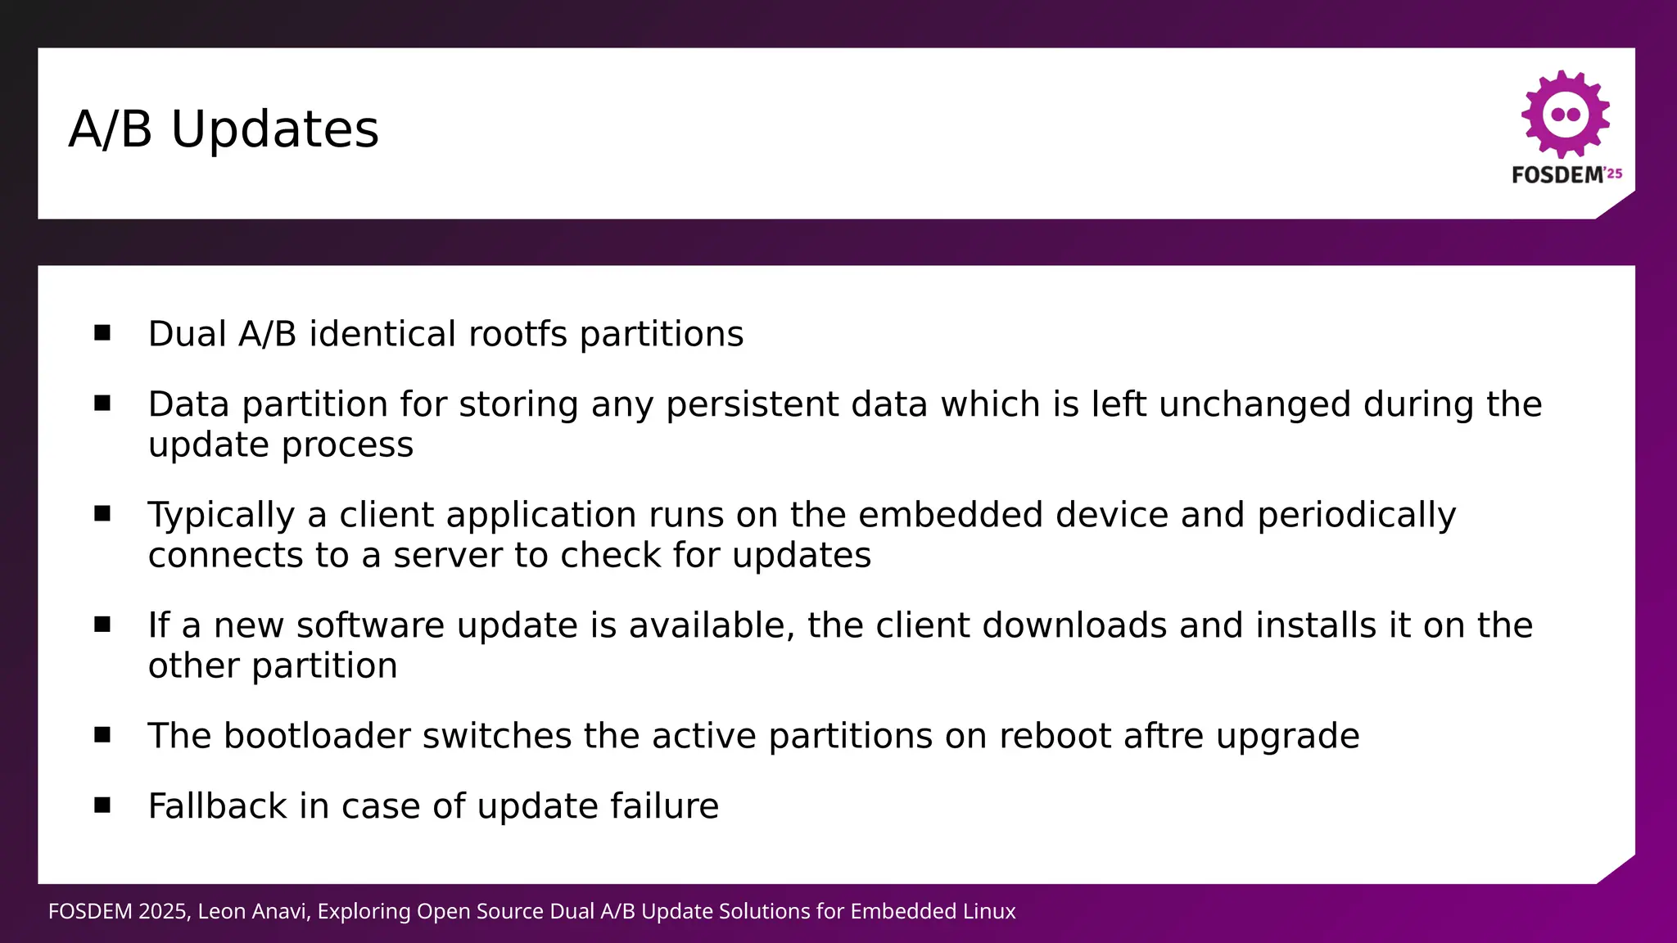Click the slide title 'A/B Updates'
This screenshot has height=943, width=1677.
pyautogui.click(x=224, y=129)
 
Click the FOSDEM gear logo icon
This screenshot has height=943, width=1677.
pyautogui.click(x=1566, y=114)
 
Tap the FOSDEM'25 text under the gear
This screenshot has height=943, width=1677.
pyautogui.click(x=1566, y=174)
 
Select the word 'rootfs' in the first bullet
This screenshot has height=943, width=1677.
pyautogui.click(x=518, y=334)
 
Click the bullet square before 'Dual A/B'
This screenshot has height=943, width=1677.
pyautogui.click(x=102, y=332)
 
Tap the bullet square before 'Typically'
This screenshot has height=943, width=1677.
pyautogui.click(x=102, y=513)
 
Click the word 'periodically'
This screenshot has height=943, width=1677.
pyautogui.click(x=1356, y=515)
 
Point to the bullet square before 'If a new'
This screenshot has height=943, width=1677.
pyautogui.click(x=102, y=625)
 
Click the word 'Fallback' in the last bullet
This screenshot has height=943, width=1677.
pyautogui.click(x=217, y=806)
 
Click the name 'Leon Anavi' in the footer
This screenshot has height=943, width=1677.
pyautogui.click(x=254, y=911)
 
